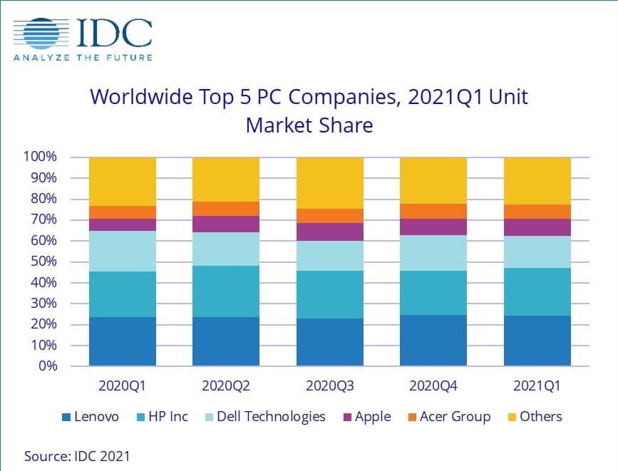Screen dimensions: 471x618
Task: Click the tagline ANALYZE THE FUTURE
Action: tap(83, 58)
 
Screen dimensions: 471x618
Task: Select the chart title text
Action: tap(309, 110)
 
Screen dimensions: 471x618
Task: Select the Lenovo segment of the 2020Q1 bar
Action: tap(123, 341)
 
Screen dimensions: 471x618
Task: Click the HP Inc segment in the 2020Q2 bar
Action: tap(226, 291)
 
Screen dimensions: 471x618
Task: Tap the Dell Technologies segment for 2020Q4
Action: tap(433, 253)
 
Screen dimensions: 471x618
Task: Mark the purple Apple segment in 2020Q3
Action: tap(329, 232)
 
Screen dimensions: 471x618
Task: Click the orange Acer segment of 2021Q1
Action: tap(537, 212)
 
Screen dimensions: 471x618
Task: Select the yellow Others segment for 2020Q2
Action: tap(226, 179)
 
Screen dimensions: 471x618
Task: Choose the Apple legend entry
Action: tap(364, 417)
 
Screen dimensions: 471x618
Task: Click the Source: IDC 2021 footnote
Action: tap(77, 455)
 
